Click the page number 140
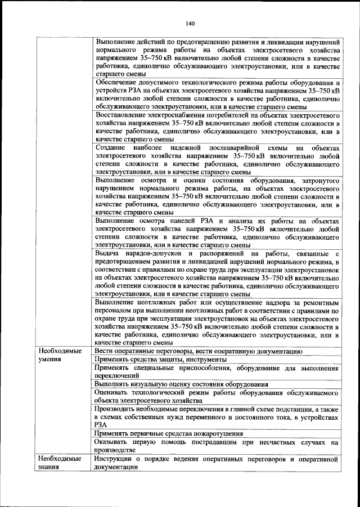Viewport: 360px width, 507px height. [190, 24]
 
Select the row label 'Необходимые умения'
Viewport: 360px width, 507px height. [58, 355]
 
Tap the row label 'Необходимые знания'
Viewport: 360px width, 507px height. [58, 463]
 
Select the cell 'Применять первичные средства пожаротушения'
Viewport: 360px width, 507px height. [169, 434]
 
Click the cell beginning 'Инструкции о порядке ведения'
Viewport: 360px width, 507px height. [216, 463]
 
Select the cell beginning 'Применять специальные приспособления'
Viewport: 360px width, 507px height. [216, 371]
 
